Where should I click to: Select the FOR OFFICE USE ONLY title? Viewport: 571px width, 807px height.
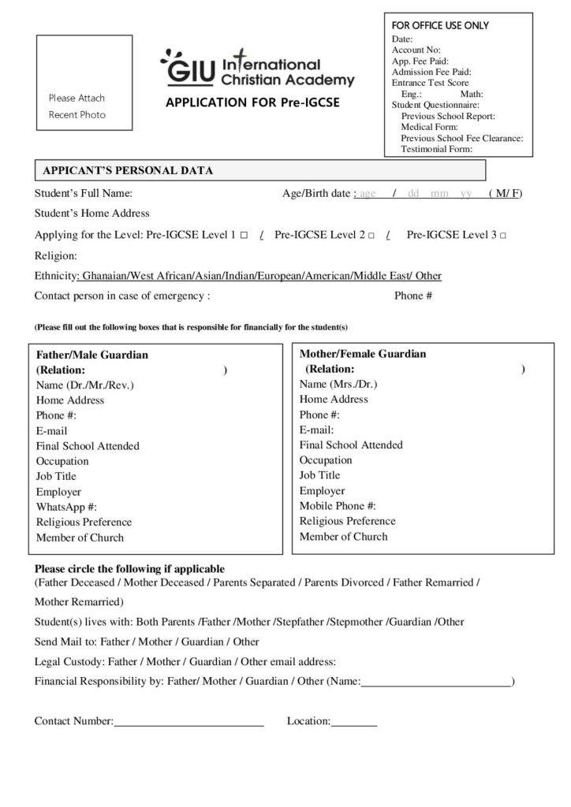[x=440, y=26]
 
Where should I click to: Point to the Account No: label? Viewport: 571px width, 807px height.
[x=416, y=50]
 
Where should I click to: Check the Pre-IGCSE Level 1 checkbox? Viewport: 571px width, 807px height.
[x=244, y=236]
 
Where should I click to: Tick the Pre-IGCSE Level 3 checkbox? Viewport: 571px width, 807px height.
[x=502, y=236]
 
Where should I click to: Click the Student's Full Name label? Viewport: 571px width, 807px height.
[x=84, y=193]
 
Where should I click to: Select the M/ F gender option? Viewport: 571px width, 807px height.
[x=505, y=193]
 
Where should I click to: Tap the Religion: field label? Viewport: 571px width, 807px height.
[x=56, y=255]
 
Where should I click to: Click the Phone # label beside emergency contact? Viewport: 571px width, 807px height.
[x=413, y=296]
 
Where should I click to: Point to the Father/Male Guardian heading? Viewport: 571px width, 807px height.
[x=92, y=355]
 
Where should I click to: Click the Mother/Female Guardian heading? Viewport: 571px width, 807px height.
[x=363, y=354]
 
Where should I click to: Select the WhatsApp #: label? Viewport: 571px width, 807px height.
[x=66, y=507]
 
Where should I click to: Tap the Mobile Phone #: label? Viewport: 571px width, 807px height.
[x=338, y=505]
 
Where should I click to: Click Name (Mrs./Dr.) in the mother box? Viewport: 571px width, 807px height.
[x=338, y=384]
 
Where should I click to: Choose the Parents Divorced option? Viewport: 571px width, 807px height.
[x=344, y=582]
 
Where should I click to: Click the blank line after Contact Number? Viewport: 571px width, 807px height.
[x=188, y=721]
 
